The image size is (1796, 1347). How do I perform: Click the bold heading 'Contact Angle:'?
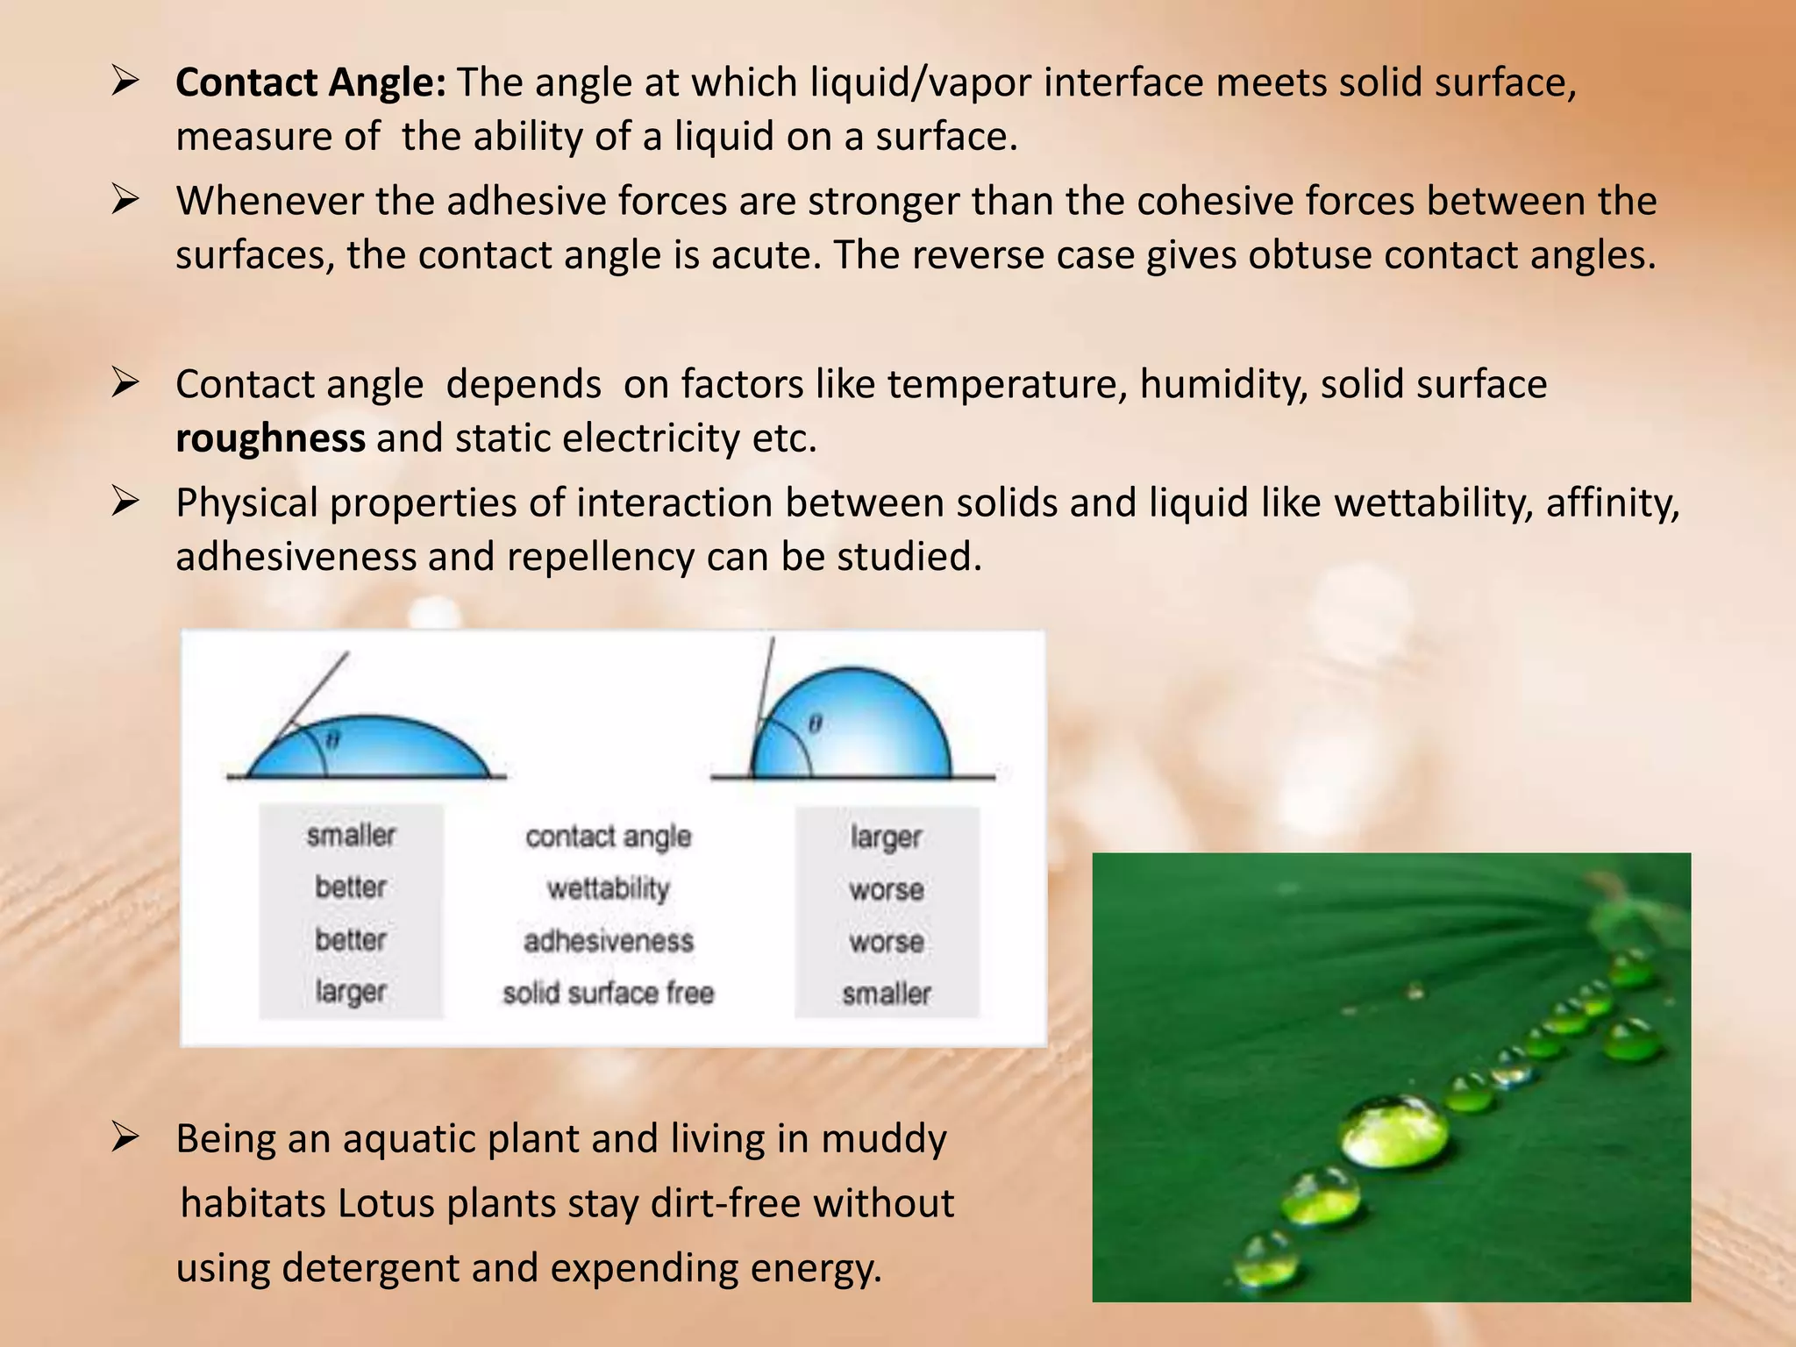[x=310, y=83]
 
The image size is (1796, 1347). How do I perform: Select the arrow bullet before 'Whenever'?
[x=125, y=201]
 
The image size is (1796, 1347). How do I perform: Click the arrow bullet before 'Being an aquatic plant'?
[x=125, y=1138]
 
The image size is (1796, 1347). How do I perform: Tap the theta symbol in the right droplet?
[x=815, y=723]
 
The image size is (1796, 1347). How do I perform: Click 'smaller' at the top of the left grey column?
[x=351, y=835]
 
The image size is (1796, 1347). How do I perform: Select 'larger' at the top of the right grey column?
[x=886, y=837]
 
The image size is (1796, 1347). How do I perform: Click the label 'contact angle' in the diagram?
[x=608, y=837]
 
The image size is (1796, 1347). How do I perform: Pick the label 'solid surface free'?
[x=608, y=993]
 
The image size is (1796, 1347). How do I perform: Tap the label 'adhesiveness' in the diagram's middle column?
[x=608, y=941]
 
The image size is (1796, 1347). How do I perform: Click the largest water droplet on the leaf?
[x=1393, y=1131]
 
